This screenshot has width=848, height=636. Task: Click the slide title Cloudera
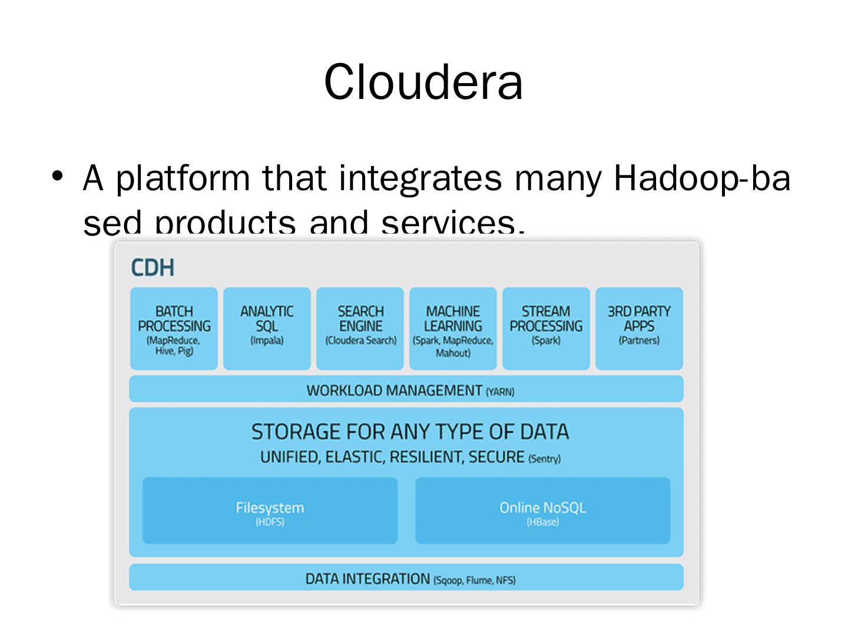coord(423,82)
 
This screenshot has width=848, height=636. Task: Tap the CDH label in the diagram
coord(153,268)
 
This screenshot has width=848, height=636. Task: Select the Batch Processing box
coord(174,328)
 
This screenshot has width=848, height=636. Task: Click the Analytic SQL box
coord(267,328)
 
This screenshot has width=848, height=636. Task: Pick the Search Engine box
coord(360,328)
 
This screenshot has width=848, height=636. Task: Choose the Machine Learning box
coord(453,328)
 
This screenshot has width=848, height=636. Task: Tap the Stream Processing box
coord(546,328)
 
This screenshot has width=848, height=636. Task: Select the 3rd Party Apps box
coord(639,328)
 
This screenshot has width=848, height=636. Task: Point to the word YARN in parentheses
coord(500,392)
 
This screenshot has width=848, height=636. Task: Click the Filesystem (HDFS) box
coord(270,511)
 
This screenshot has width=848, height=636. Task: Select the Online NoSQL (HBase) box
coord(542,511)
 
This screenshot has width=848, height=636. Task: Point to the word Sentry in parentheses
coord(545,459)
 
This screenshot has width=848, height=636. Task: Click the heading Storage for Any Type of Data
coord(410,432)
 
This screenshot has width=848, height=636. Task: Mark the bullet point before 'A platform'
coord(57,175)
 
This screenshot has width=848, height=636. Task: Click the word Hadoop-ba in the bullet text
coord(701,178)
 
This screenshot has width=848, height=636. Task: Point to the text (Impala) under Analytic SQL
coord(267,340)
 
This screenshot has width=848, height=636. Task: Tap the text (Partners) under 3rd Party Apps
coord(639,340)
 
